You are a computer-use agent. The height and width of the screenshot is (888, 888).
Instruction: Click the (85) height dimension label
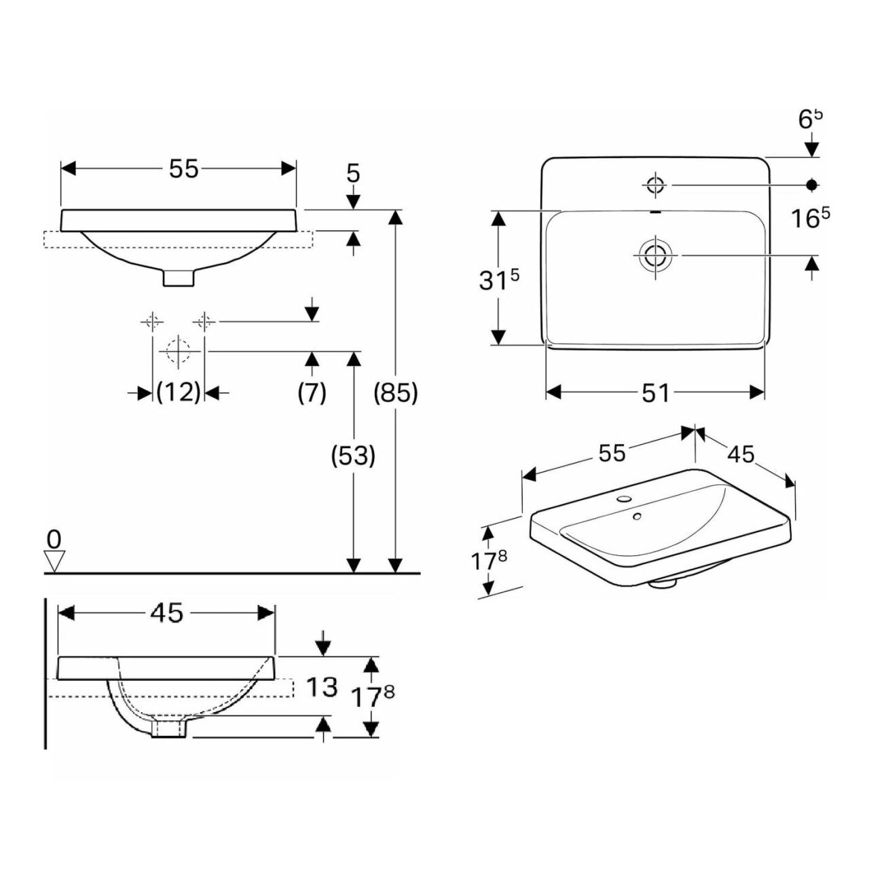396,392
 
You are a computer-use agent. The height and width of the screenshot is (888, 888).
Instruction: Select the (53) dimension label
354,456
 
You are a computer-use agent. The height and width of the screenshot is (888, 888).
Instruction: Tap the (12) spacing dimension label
179,392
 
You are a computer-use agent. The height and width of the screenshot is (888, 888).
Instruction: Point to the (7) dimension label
312,392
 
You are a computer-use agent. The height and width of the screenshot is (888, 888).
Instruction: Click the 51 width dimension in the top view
655,392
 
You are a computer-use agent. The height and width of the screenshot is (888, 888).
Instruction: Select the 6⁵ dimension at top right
811,120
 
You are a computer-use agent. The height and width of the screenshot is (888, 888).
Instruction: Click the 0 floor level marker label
54,539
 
